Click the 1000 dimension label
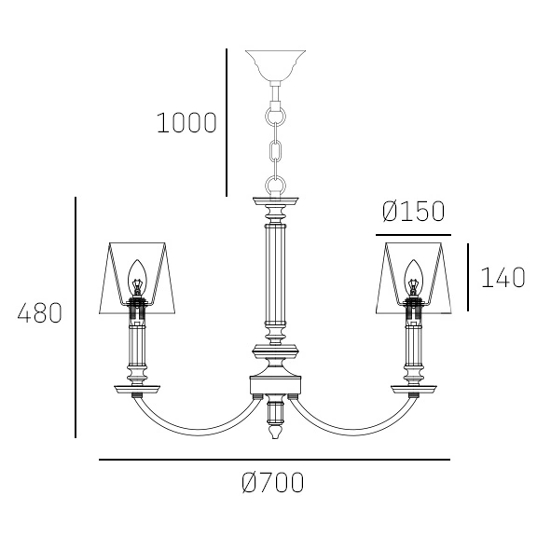coord(186,123)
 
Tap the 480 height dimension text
coord(40,313)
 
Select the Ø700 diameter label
coord(272,483)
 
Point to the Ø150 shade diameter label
coord(413,212)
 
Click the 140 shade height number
coord(503,277)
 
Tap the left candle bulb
coord(136,277)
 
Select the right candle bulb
coord(414,277)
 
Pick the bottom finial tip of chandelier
coord(275,436)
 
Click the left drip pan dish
coord(137,389)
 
